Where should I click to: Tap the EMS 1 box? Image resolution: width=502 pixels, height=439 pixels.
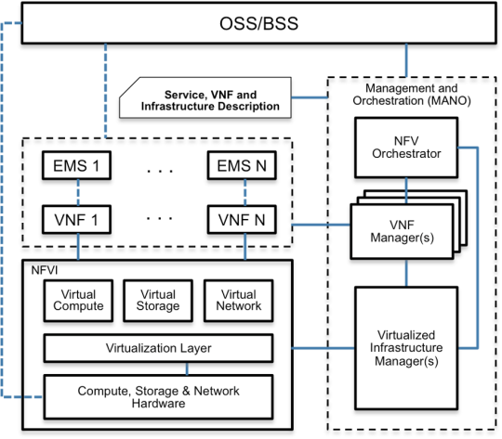(x=77, y=167)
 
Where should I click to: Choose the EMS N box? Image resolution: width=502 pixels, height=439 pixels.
(x=239, y=167)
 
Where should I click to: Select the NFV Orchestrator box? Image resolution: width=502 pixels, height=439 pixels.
(x=406, y=148)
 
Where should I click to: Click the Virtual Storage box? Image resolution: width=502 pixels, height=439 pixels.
(x=157, y=300)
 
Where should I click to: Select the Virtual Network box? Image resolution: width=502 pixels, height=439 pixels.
(x=238, y=300)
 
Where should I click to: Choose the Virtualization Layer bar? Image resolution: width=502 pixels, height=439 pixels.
(x=157, y=349)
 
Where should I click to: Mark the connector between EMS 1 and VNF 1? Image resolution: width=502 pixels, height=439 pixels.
(x=77, y=195)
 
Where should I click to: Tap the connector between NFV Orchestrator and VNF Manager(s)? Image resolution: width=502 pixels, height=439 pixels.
(x=406, y=192)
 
